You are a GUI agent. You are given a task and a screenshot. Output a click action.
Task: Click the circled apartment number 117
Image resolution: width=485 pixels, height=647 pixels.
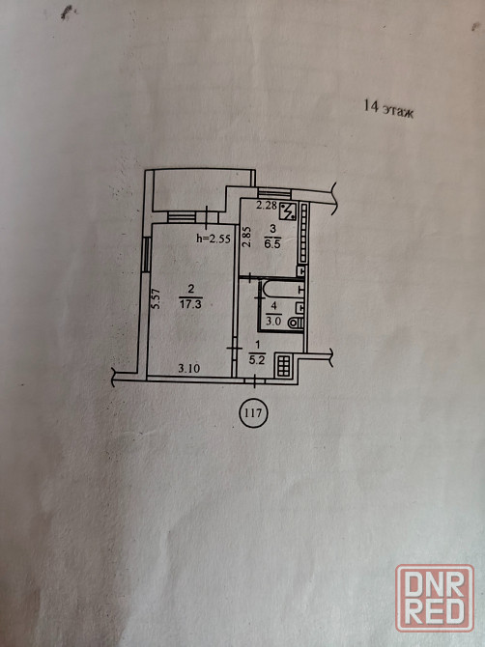pos(253,412)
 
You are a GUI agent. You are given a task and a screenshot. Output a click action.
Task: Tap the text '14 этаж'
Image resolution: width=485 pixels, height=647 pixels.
pos(388,109)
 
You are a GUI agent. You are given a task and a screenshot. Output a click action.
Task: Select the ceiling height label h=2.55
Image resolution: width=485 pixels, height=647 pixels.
pos(213,239)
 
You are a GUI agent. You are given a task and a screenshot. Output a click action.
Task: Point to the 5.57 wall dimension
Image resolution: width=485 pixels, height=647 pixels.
pos(156,298)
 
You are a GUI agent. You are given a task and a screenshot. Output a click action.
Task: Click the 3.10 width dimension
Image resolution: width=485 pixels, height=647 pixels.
pos(189,368)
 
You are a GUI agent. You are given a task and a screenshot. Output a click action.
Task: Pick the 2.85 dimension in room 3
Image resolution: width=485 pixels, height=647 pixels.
pos(246,237)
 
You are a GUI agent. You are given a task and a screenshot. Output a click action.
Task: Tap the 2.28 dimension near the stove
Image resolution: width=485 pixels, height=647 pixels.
pos(267,205)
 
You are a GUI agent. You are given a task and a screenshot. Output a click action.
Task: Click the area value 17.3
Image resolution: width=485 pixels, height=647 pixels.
pos(190,304)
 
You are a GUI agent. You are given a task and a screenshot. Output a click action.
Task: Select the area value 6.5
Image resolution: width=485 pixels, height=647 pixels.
pos(272,244)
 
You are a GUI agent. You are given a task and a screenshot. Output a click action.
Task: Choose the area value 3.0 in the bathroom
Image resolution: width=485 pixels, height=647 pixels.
pos(273,323)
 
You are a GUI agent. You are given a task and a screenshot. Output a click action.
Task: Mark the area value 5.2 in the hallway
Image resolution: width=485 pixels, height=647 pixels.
pos(256,360)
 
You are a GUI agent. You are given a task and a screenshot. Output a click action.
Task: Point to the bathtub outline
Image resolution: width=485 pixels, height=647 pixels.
pos(282,289)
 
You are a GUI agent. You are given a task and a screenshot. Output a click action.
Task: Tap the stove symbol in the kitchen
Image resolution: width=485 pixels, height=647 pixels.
pos(289,211)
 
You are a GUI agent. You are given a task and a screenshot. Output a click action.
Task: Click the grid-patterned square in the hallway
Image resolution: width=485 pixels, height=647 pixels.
pos(284,366)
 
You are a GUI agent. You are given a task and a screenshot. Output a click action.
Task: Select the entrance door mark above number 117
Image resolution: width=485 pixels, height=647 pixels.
pos(255,380)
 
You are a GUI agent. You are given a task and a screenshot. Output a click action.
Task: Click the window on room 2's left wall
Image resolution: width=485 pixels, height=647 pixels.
pos(145,254)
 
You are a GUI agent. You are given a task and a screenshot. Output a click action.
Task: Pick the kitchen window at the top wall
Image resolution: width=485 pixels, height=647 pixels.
pos(274,193)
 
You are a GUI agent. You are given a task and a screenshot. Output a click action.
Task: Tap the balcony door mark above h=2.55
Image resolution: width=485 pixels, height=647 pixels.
pos(207,215)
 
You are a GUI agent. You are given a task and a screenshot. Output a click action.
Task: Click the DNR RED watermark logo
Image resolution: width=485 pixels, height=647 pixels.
pos(435,598)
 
